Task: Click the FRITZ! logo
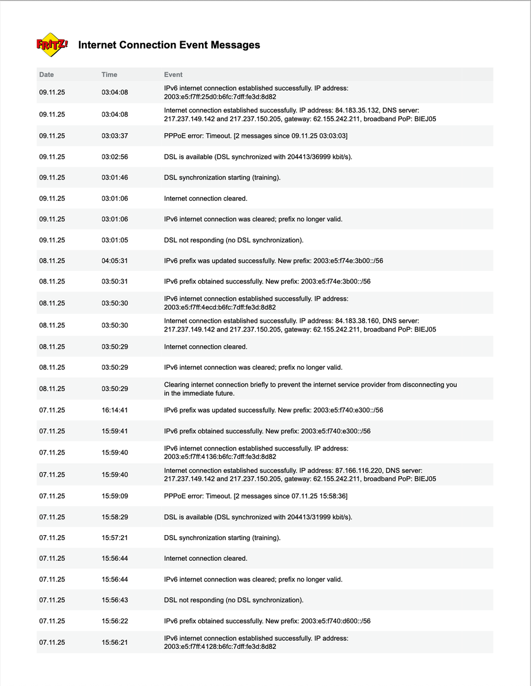(52, 45)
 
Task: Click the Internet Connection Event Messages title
(169, 45)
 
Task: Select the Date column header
(46, 75)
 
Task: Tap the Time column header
(109, 75)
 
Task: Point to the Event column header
(173, 75)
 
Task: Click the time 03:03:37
(115, 136)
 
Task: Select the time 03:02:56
(115, 157)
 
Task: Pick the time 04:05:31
(115, 261)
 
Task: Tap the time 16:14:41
(115, 410)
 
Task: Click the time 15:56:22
(115, 621)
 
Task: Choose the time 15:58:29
(115, 517)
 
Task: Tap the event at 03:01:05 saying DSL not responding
(233, 240)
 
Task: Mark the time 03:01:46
(115, 178)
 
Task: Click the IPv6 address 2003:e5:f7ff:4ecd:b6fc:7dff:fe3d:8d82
(220, 307)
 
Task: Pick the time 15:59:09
(115, 496)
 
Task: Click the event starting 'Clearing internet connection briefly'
(310, 389)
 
